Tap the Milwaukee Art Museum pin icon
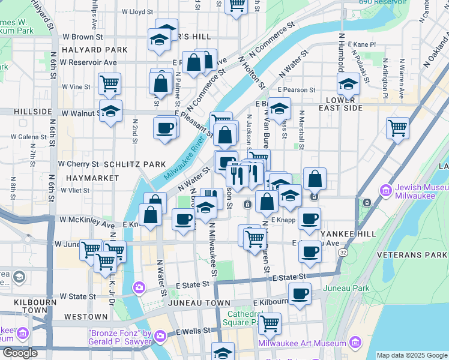(355, 343)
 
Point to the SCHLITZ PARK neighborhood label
(134, 164)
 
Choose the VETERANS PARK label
(412, 255)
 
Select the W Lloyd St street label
(137, 11)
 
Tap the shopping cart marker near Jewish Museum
(397, 128)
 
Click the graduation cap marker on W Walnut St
(110, 111)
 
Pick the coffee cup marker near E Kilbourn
(300, 294)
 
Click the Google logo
(20, 353)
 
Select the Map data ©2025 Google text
(412, 355)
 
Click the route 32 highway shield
(342, 253)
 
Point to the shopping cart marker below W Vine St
(109, 84)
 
